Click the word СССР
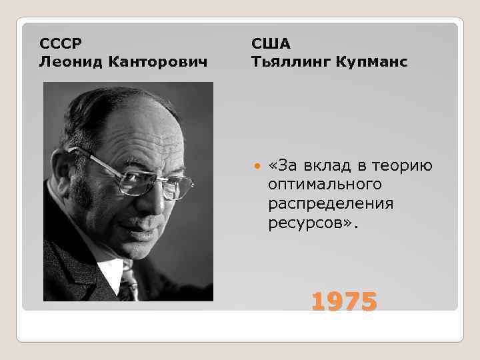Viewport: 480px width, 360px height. pos(61,43)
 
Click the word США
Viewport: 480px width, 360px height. pos(271,43)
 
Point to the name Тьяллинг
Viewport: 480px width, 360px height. pos(293,62)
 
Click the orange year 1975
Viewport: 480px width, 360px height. pos(344,302)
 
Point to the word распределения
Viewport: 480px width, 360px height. pos(331,202)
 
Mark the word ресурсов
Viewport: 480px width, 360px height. pos(311,221)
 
